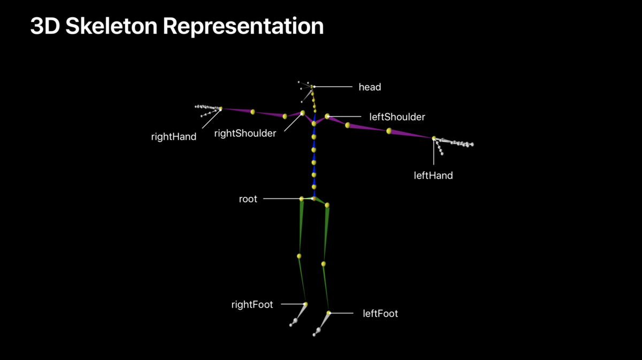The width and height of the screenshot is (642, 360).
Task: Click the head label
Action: pyautogui.click(x=370, y=87)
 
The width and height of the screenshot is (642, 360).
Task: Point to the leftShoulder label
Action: pyautogui.click(x=397, y=116)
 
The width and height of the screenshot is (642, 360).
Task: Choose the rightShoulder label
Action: pyautogui.click(x=245, y=133)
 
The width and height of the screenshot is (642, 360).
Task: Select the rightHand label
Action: pyautogui.click(x=174, y=136)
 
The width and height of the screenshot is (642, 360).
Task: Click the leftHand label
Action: pyautogui.click(x=433, y=175)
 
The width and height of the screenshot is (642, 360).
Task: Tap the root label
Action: pyautogui.click(x=248, y=199)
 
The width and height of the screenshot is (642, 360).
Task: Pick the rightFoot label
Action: pyautogui.click(x=252, y=304)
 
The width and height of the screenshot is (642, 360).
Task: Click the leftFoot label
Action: pyautogui.click(x=380, y=313)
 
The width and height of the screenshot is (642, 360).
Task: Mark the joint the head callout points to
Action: pyautogui.click(x=314, y=87)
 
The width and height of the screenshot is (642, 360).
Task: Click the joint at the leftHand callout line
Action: pyautogui.click(x=434, y=139)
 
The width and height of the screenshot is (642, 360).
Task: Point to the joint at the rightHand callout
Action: pyautogui.click(x=220, y=109)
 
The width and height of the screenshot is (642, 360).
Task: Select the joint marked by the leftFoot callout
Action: pyautogui.click(x=329, y=313)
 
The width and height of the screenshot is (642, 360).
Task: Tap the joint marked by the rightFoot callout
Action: pyautogui.click(x=305, y=304)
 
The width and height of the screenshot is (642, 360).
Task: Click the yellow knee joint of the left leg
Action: pyautogui.click(x=323, y=264)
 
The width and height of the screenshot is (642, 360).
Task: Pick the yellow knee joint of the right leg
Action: pyautogui.click(x=299, y=256)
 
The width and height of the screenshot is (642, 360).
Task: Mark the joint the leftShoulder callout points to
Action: pyautogui.click(x=327, y=116)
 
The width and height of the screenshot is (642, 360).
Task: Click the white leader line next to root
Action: pyautogui.click(x=281, y=199)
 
